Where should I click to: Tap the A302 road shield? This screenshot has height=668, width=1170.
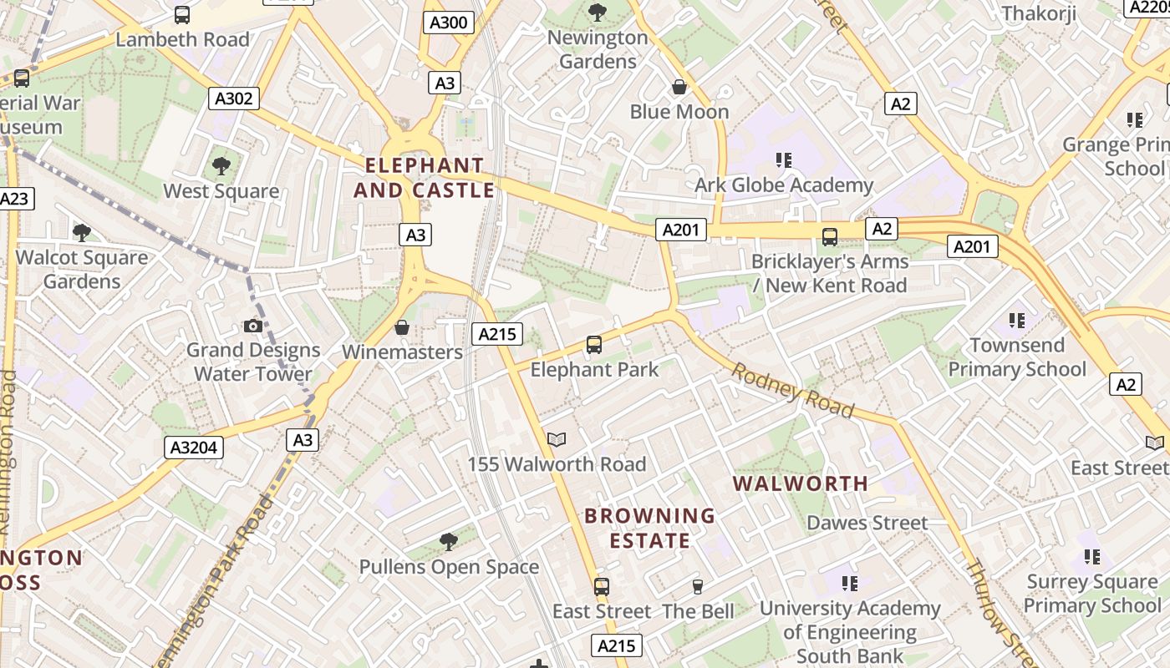[233, 99]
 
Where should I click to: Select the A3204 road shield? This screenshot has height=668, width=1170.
[193, 448]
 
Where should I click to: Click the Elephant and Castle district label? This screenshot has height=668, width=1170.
[425, 178]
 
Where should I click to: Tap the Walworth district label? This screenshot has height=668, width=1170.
[801, 483]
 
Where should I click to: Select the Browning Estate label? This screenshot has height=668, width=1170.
[649, 528]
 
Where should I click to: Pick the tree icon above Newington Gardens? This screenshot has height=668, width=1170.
[597, 12]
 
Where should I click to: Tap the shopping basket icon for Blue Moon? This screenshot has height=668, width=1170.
[679, 87]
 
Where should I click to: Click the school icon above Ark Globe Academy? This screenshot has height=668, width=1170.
[783, 159]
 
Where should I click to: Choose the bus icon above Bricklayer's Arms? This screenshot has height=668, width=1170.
[829, 237]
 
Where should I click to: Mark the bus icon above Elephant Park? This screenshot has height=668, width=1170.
[594, 344]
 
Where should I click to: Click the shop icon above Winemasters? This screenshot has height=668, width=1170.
[402, 327]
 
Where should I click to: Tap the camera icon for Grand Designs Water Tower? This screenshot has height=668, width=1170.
[253, 326]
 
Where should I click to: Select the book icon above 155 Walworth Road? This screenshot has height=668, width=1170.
[557, 439]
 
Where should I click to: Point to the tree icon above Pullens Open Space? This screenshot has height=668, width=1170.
[449, 542]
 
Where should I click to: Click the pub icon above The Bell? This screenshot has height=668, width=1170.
[698, 586]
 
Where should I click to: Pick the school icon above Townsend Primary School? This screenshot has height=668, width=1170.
[1016, 320]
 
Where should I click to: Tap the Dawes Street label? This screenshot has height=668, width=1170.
[867, 524]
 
